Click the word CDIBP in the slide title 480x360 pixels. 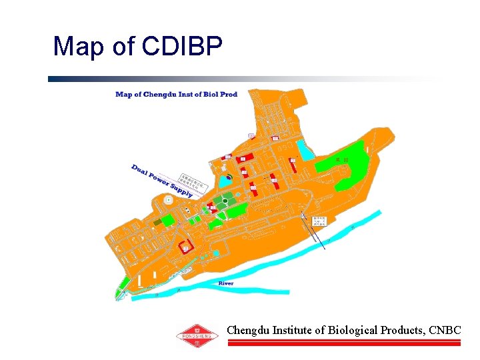coord(182,47)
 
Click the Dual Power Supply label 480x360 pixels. coord(162,181)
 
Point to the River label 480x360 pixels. coord(226,283)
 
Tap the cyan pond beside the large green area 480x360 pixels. coord(305,150)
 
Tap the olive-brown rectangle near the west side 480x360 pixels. coord(157,222)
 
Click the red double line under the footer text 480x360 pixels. coord(344,343)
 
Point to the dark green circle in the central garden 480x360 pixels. coord(226,200)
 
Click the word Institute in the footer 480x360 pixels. coord(292,330)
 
